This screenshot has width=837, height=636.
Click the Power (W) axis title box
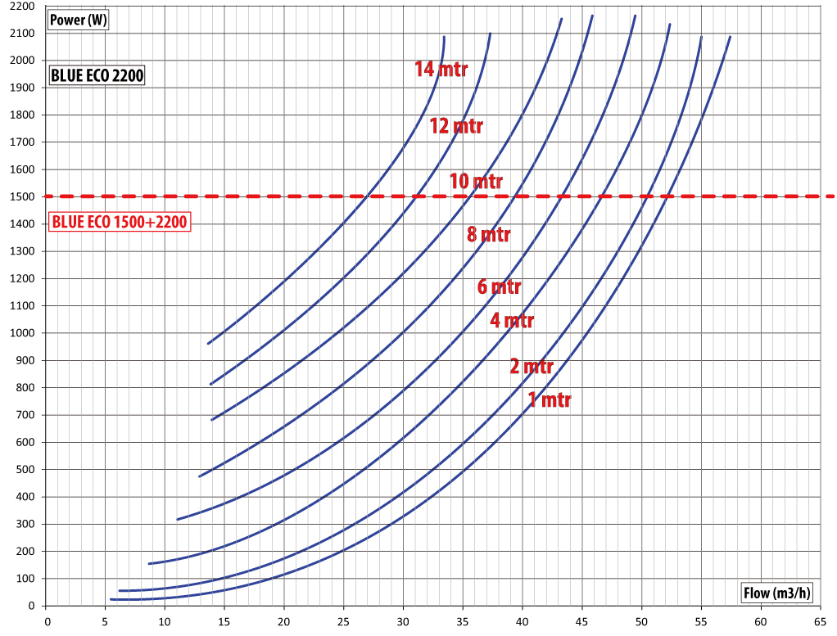(x=79, y=20)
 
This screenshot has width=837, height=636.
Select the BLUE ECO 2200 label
(x=97, y=76)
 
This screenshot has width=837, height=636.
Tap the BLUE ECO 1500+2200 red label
(x=120, y=222)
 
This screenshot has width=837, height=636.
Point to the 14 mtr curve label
(x=441, y=69)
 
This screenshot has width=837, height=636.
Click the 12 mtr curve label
(x=456, y=126)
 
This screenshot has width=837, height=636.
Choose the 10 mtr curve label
(x=476, y=181)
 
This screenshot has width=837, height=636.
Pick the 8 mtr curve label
(x=489, y=235)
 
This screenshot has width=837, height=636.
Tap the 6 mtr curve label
(x=499, y=287)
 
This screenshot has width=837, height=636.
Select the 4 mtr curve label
(x=512, y=320)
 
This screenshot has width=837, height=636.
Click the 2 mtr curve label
(x=532, y=366)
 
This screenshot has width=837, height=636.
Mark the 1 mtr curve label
(x=550, y=400)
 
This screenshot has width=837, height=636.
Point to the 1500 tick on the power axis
(x=23, y=196)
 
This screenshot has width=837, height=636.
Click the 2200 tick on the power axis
(x=23, y=6)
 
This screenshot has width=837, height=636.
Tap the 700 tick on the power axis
(x=26, y=415)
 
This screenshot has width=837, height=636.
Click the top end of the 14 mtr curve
(x=444, y=37)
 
